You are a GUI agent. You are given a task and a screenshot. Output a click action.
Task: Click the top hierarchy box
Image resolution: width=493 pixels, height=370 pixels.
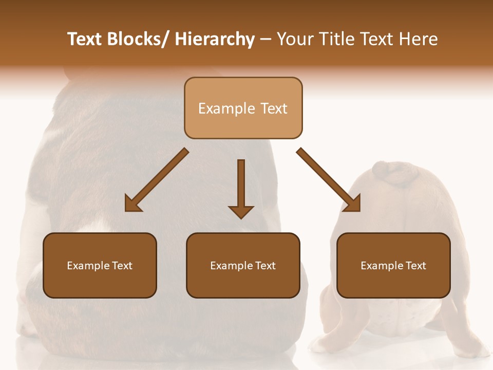[243, 108]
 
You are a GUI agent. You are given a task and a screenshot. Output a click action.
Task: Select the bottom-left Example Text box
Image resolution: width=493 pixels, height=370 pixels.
[100, 265]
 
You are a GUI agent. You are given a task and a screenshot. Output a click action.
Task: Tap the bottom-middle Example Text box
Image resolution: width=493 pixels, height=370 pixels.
[243, 265]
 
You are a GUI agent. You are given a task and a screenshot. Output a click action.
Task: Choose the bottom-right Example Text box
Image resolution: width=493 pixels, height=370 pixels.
[393, 265]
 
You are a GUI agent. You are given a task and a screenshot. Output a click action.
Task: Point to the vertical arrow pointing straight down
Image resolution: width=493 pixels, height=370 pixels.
[241, 188]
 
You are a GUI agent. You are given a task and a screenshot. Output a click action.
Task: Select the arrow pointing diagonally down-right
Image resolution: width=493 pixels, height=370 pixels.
[329, 180]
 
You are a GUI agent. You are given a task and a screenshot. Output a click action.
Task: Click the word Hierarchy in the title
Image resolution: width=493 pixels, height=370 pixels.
[215, 39]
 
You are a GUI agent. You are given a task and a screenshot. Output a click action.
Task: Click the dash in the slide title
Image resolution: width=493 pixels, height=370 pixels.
[266, 39]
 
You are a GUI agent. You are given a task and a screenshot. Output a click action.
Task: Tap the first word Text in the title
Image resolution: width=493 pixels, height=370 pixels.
[86, 39]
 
